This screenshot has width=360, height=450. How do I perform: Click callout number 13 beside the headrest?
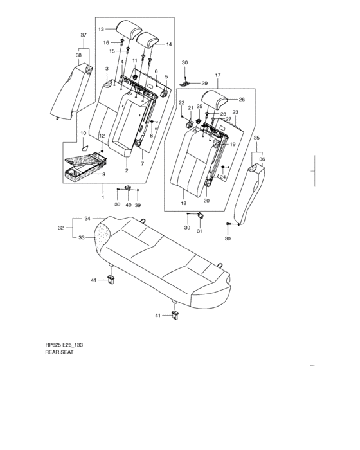(x=101, y=29)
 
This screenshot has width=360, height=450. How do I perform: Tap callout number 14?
(x=169, y=44)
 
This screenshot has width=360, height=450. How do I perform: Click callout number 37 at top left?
(x=84, y=35)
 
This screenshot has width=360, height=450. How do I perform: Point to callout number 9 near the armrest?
(x=104, y=174)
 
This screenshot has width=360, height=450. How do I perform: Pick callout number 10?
(x=84, y=133)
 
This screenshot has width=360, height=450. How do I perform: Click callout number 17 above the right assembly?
(x=218, y=75)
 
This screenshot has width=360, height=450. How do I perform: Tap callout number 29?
(x=204, y=83)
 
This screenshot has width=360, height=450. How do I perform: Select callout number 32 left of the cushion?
(x=61, y=228)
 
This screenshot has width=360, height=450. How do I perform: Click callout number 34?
(x=87, y=219)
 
